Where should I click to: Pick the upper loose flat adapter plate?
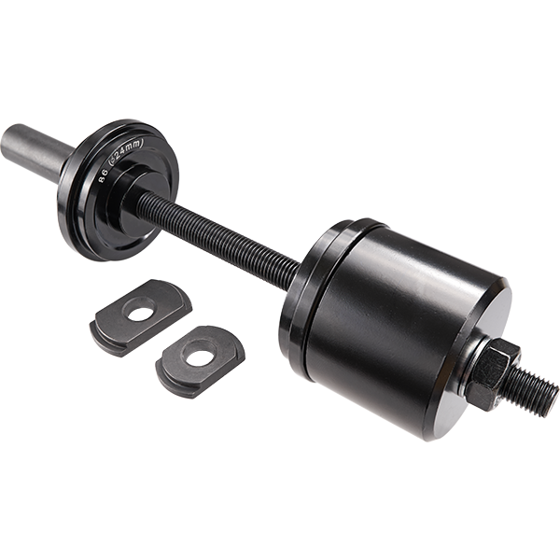click(x=140, y=317)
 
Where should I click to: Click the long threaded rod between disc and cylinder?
click(x=224, y=233)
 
